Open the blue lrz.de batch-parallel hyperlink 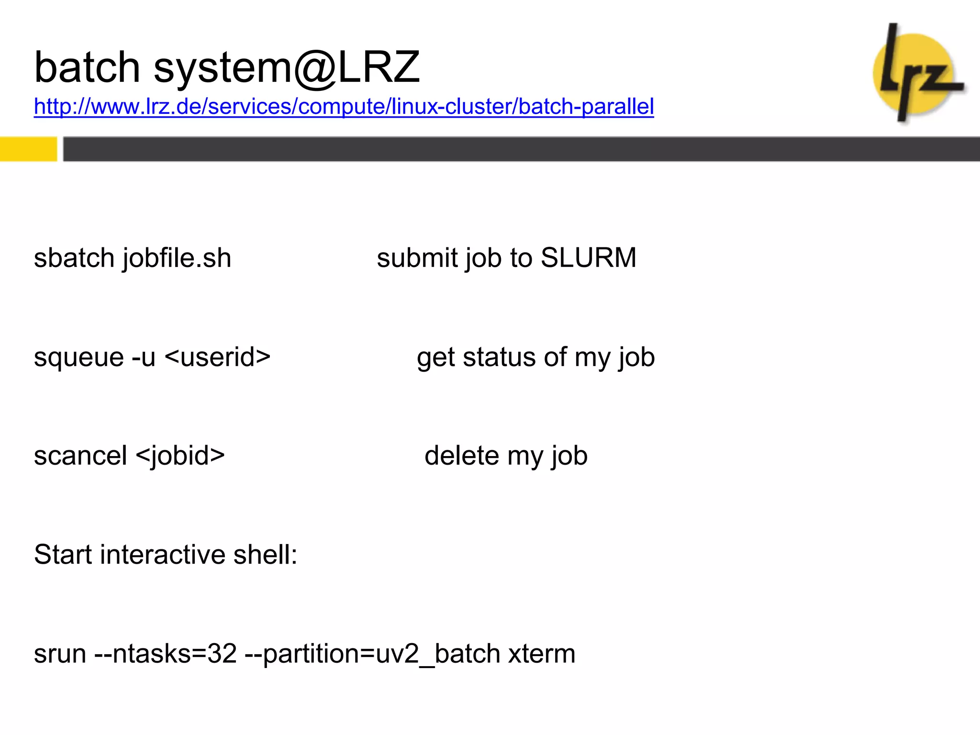pos(344,106)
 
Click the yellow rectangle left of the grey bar pos(28,149)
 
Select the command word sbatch pos(74,258)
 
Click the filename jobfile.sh pos(177,258)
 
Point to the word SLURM pos(588,258)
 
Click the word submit pos(417,258)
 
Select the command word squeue pos(78,357)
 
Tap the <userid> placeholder pos(218,357)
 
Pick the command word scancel pos(80,456)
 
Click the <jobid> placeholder pos(180,456)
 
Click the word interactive pos(163,555)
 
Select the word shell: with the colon pos(265,555)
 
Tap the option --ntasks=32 pos(166,654)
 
